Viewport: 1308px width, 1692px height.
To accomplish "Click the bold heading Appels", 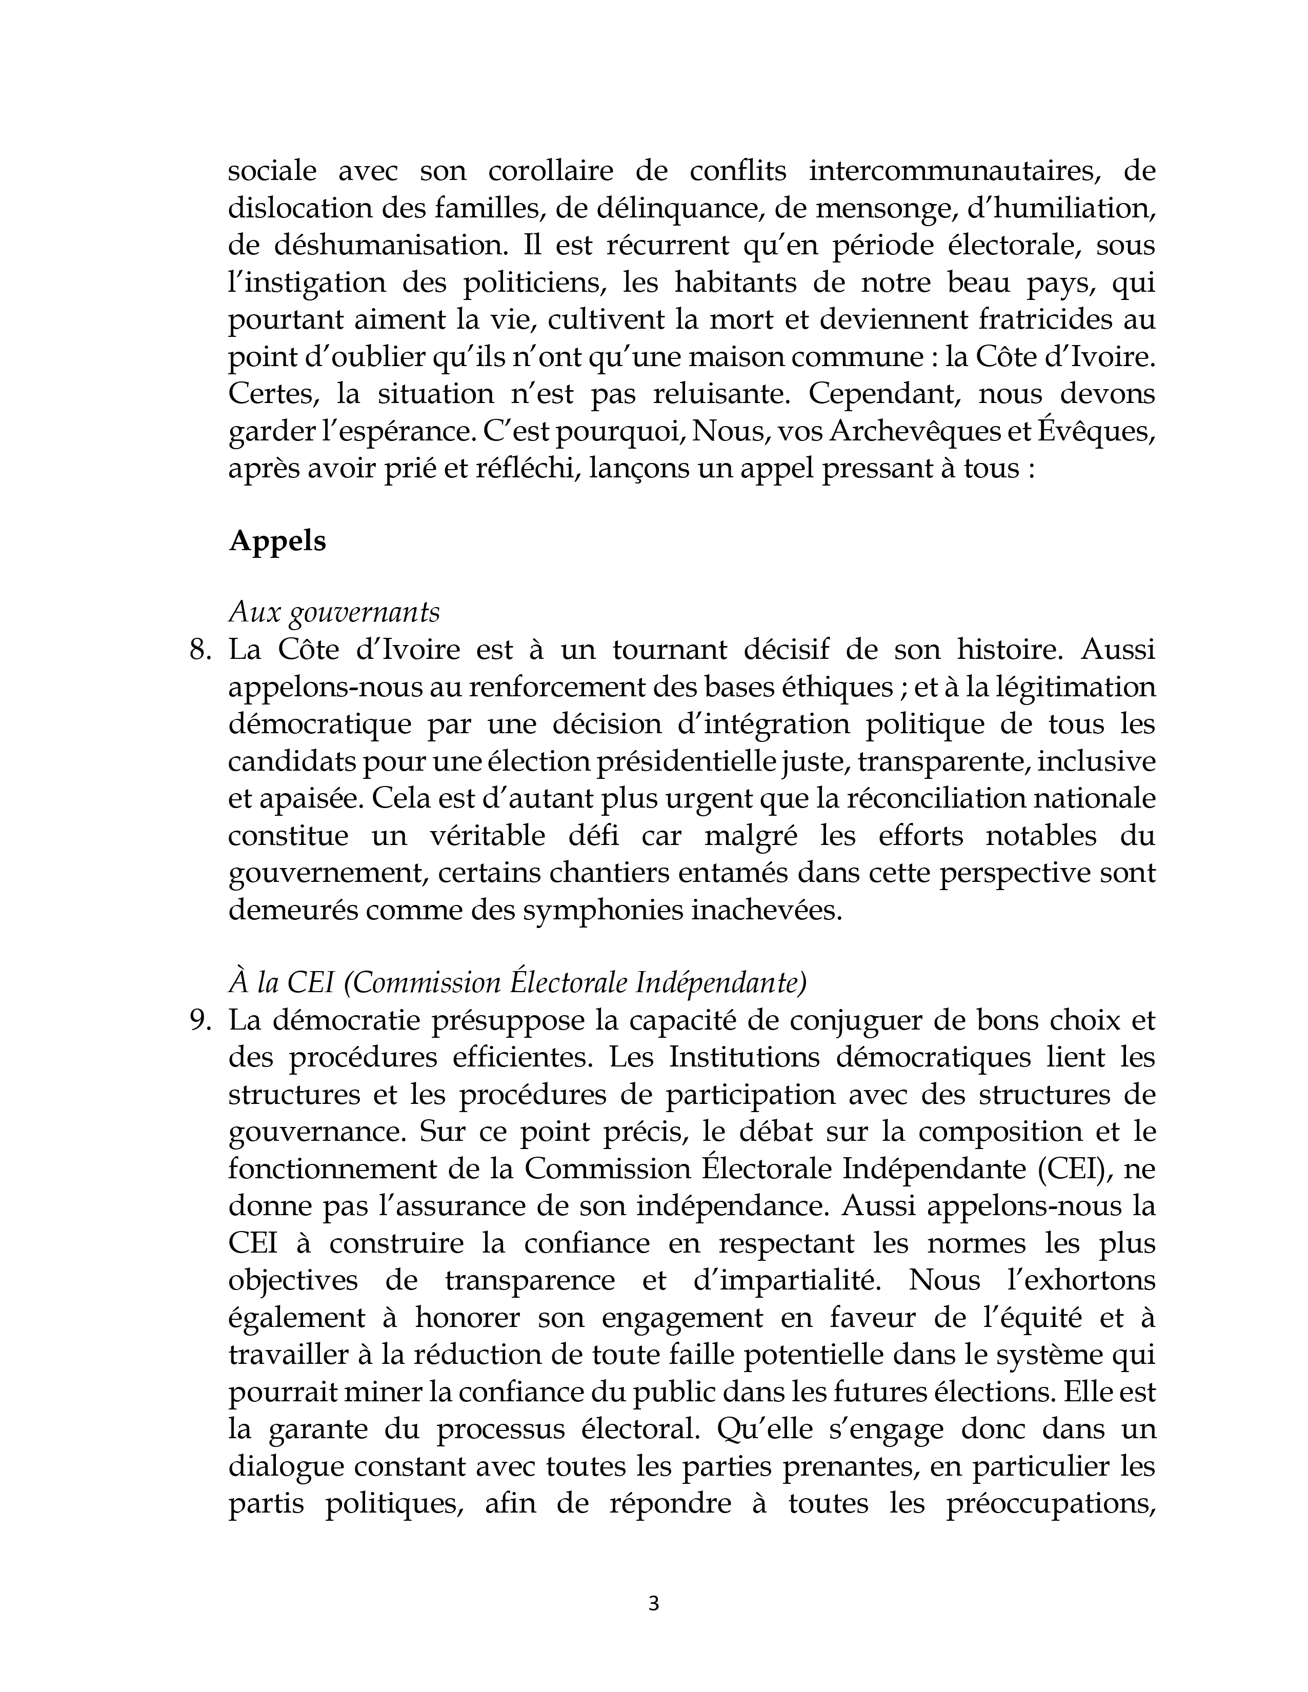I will [277, 541].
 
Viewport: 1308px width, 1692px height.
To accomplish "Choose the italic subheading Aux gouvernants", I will [334, 613].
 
